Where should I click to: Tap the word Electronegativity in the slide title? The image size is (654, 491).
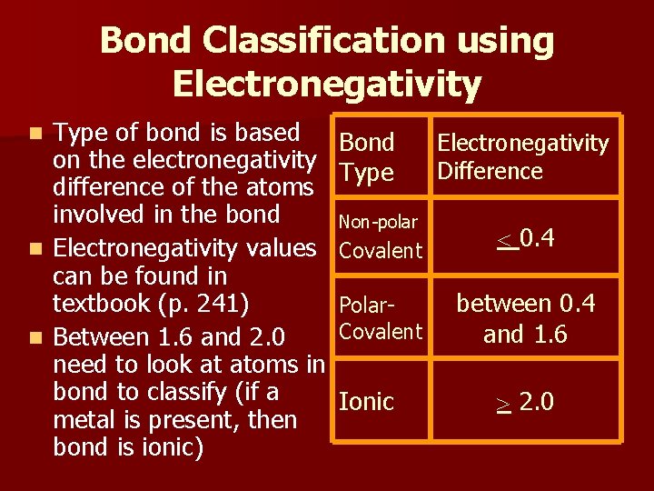(326, 85)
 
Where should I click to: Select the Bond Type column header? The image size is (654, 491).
(366, 156)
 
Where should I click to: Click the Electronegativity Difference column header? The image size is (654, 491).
(522, 156)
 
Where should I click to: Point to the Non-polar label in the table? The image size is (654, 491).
(378, 222)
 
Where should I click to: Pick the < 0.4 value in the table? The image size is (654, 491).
(526, 239)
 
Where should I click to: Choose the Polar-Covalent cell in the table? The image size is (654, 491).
(381, 318)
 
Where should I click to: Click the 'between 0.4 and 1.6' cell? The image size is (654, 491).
(526, 318)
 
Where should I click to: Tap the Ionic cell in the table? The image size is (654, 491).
(366, 401)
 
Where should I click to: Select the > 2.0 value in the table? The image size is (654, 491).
(526, 402)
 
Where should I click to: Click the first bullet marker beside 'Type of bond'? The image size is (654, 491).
(35, 134)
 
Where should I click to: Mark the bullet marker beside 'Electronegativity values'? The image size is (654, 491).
(35, 248)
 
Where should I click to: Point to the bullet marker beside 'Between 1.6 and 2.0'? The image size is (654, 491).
(35, 338)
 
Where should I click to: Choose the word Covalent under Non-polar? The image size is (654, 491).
(381, 251)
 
